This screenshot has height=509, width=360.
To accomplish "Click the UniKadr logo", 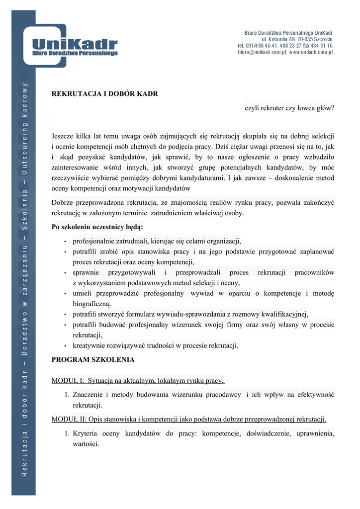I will (x=75, y=47).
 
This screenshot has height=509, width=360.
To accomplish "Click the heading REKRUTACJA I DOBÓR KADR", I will (x=105, y=93).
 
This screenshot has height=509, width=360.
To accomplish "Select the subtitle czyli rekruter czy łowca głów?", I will (x=289, y=107).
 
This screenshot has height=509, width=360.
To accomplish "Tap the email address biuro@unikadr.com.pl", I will (x=262, y=52).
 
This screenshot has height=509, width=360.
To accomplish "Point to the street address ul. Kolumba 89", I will (x=279, y=39).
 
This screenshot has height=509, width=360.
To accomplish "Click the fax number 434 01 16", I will (x=321, y=45).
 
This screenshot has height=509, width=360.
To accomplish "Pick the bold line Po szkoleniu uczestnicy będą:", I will (x=97, y=227).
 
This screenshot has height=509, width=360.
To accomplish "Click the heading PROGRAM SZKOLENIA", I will (x=93, y=359).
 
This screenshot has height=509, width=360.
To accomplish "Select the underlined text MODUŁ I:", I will (x=68, y=381).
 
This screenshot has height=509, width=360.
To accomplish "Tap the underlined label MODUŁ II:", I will (x=70, y=419).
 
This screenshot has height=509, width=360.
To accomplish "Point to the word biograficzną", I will (x=91, y=304).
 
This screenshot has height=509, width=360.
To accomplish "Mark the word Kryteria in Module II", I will (x=88, y=433).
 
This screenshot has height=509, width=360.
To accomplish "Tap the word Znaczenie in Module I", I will (x=88, y=395).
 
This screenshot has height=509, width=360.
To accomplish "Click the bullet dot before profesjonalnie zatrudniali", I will (x=66, y=241).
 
